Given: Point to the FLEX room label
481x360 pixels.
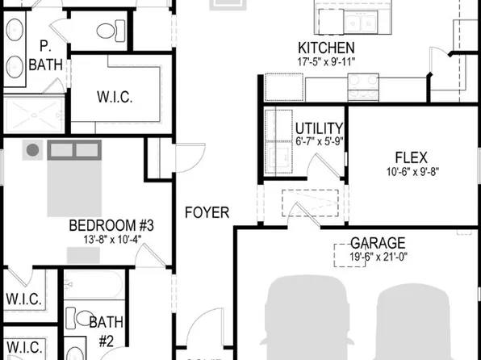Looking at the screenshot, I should (411, 157).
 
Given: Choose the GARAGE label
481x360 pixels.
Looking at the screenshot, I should (378, 243).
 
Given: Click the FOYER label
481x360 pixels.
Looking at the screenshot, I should (207, 213).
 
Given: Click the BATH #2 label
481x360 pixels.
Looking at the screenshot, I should (106, 331).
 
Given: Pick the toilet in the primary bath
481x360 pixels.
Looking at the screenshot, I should (107, 31).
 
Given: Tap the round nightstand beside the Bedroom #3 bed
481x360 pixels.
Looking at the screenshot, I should (32, 150).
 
